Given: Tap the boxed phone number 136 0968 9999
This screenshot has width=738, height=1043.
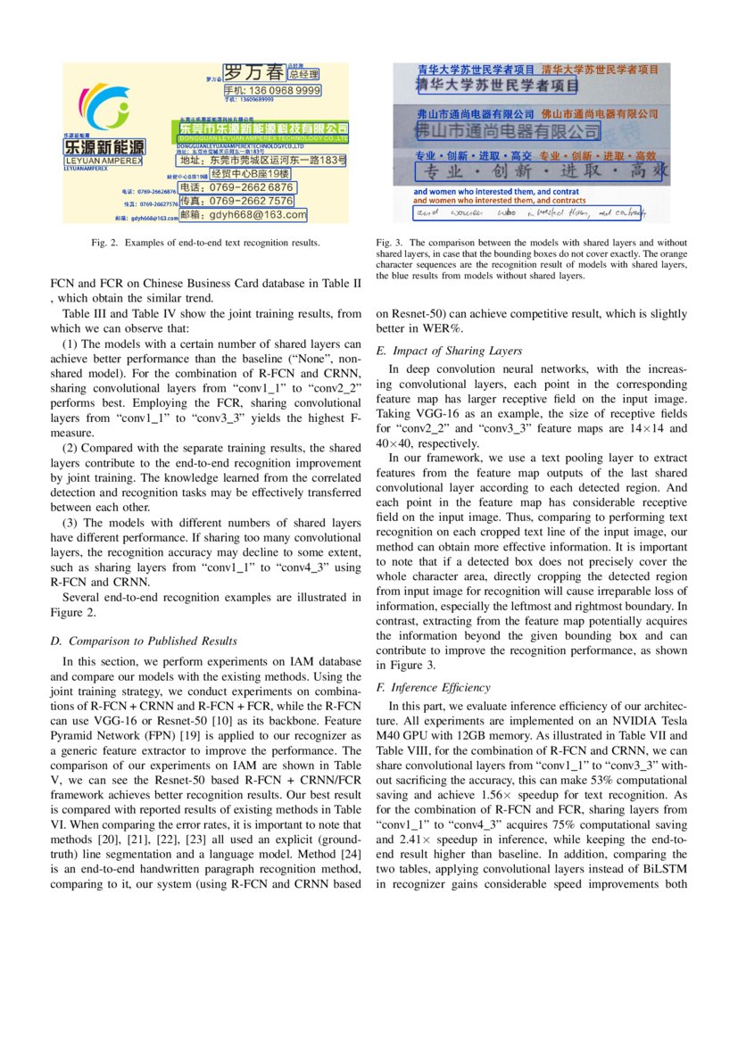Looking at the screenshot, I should [x=271, y=91].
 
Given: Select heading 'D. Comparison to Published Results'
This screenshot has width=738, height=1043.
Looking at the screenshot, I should [x=144, y=641].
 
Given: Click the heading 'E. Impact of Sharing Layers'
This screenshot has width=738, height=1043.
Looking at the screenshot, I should [x=450, y=351].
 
